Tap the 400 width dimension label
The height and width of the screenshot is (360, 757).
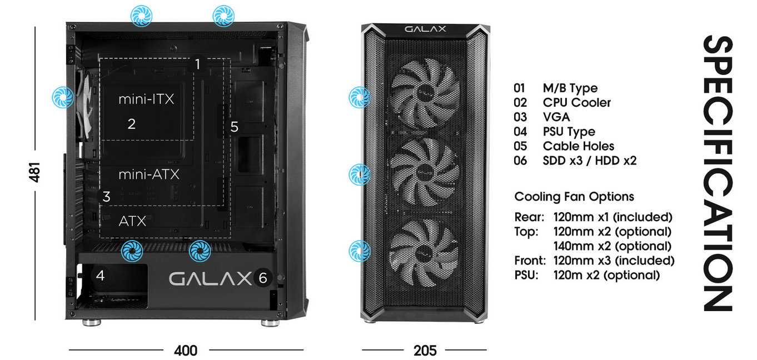(186, 351)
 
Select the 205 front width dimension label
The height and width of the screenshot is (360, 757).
(425, 351)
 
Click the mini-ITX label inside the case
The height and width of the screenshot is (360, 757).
(146, 99)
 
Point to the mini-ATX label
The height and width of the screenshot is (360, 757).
(149, 174)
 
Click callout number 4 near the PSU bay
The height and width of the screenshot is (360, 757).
(100, 275)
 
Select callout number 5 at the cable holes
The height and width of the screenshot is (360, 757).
(234, 127)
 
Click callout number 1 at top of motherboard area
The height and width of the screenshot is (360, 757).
(197, 64)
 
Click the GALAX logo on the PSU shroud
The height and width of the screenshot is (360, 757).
(210, 278)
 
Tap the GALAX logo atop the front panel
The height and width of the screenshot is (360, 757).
(425, 29)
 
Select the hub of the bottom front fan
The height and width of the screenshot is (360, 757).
(425, 252)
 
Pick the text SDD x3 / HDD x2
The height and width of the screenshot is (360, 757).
(589, 161)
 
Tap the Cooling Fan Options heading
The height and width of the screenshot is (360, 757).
(574, 197)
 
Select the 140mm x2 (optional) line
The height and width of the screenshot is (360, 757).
(612, 246)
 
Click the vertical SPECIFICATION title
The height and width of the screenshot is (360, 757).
(717, 173)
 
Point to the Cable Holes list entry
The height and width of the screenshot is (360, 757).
(578, 146)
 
